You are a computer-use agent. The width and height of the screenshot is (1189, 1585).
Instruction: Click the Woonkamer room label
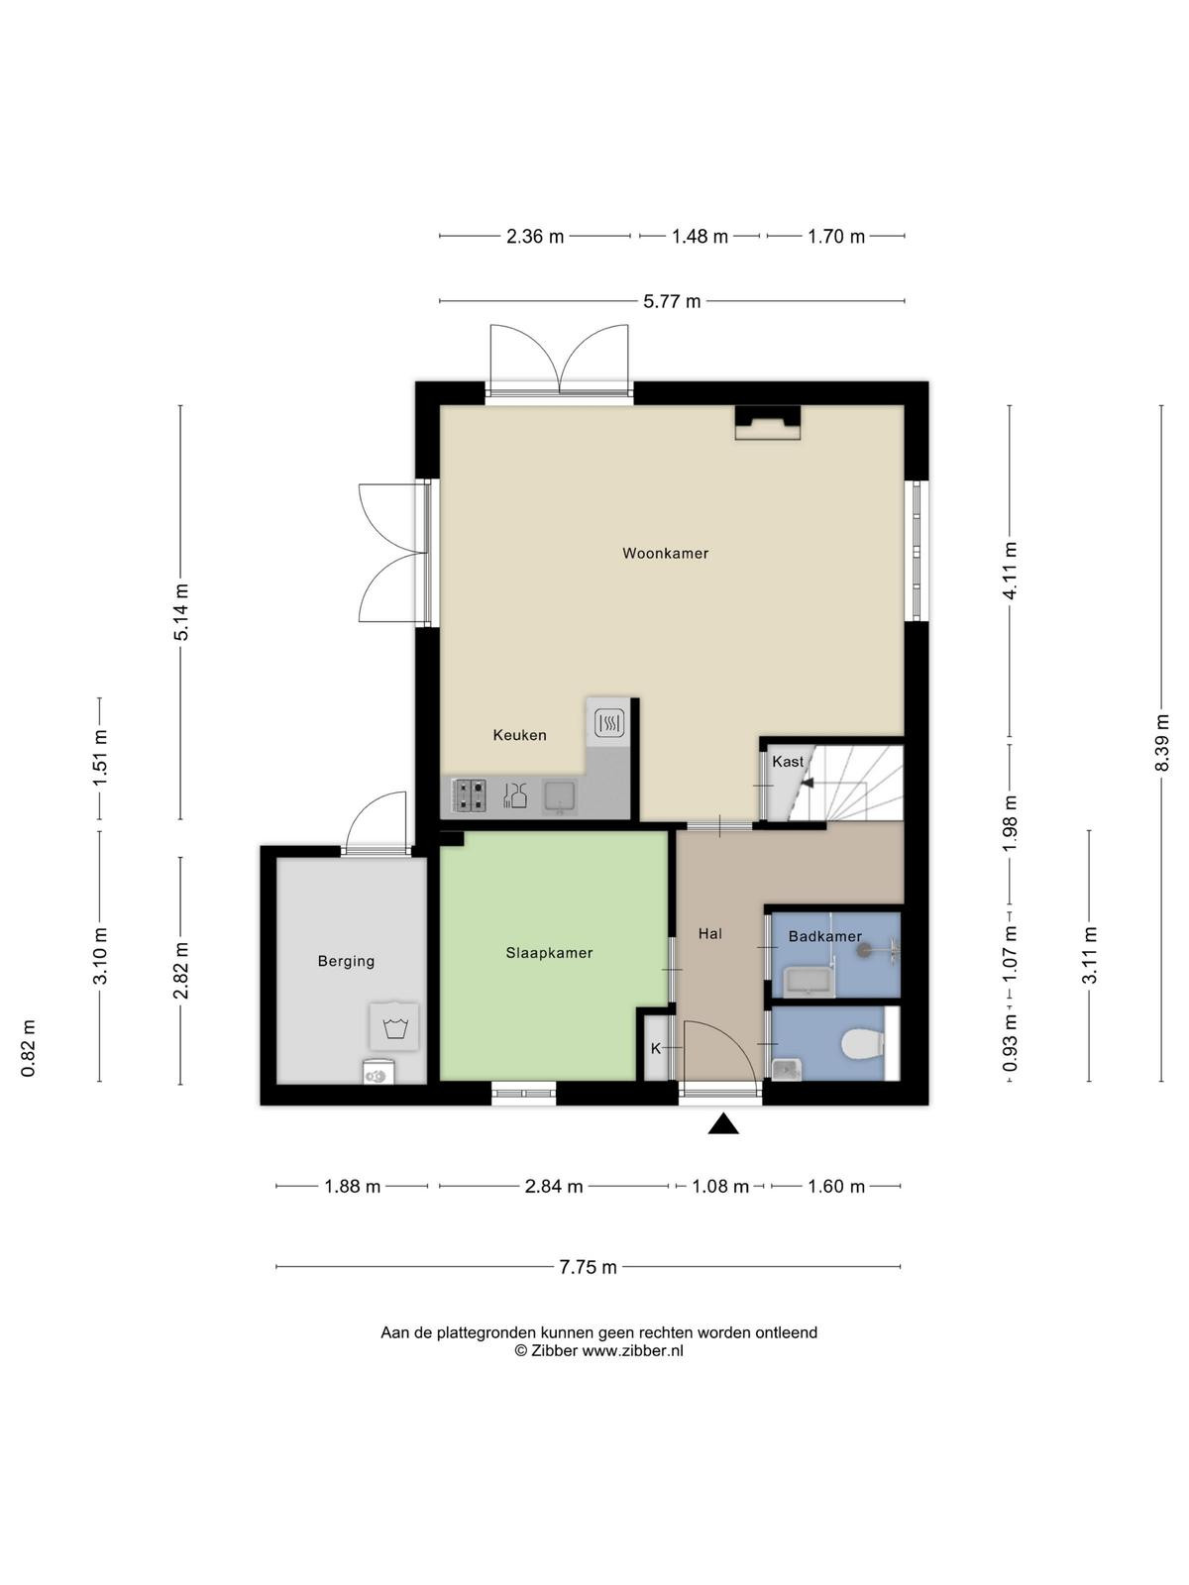pyautogui.click(x=665, y=553)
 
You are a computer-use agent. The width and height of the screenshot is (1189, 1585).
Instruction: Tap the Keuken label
pyautogui.click(x=519, y=735)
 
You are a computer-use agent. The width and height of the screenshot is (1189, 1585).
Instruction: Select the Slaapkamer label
pyautogui.click(x=549, y=952)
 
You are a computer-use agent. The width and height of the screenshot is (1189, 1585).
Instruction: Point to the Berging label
pyautogui.click(x=346, y=961)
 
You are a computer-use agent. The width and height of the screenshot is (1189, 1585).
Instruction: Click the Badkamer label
pyautogui.click(x=824, y=936)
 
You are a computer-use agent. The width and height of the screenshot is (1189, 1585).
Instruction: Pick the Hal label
pyautogui.click(x=709, y=934)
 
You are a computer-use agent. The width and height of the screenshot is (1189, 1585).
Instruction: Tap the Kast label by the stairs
pyautogui.click(x=788, y=761)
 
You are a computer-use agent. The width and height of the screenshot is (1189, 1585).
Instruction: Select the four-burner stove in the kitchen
pyautogui.click(x=470, y=795)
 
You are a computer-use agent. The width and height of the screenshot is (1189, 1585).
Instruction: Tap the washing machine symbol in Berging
pyautogui.click(x=394, y=1026)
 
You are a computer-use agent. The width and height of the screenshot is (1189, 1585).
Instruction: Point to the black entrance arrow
pyautogui.click(x=722, y=1124)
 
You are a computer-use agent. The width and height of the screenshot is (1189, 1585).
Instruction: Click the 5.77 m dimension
pyautogui.click(x=672, y=301)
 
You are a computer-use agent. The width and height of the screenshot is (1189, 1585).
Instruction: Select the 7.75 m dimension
pyautogui.click(x=588, y=1267)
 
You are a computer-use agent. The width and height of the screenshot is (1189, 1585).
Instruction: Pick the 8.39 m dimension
pyautogui.click(x=1161, y=742)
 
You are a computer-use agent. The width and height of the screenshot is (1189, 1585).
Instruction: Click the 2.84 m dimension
pyautogui.click(x=554, y=1187)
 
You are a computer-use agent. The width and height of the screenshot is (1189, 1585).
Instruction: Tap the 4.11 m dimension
pyautogui.click(x=1010, y=571)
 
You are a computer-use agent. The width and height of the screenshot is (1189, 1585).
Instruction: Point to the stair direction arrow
pyautogui.click(x=807, y=782)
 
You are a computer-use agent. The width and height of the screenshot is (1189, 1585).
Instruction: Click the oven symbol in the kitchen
pyautogui.click(x=608, y=723)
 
